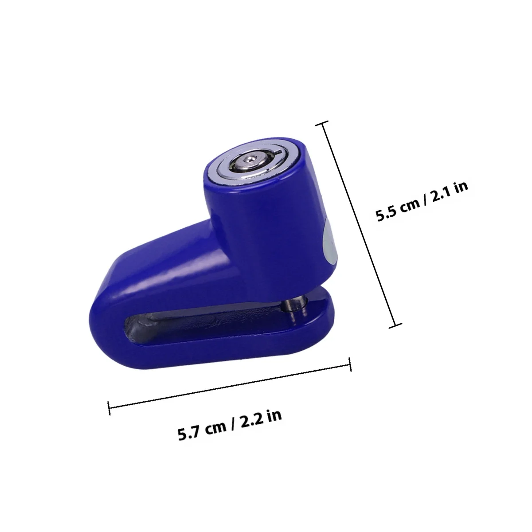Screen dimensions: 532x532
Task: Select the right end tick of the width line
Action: coord(350,364)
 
